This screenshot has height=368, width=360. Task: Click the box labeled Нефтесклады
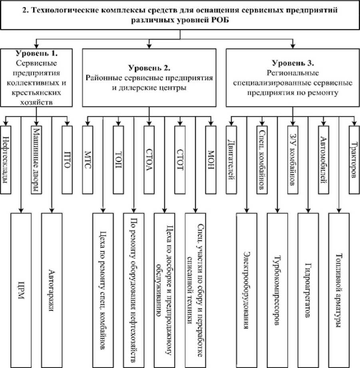click(6, 160)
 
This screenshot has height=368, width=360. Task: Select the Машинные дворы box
click(36, 160)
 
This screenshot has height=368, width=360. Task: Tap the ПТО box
click(67, 160)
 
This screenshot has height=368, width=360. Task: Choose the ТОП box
click(118, 160)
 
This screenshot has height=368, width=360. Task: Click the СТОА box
click(149, 160)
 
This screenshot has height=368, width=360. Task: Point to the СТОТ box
click(180, 160)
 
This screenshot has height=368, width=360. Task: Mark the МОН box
click(211, 160)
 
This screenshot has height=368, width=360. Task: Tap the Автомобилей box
click(323, 160)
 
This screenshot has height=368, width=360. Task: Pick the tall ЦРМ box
click(21, 289)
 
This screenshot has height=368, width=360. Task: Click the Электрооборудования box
click(247, 289)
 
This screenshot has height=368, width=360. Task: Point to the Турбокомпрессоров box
click(278, 289)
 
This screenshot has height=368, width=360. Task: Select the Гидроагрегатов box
click(308, 289)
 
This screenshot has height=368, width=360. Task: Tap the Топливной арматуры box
click(339, 289)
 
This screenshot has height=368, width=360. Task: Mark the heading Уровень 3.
click(293, 63)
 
